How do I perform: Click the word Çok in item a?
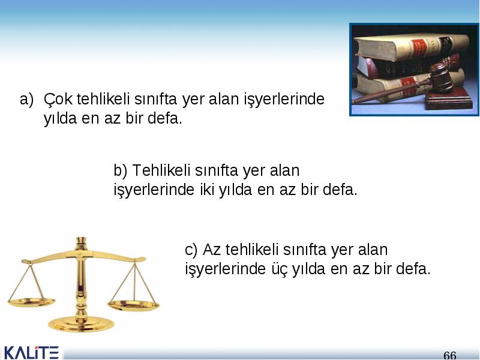[58, 100]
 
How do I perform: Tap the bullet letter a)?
[26, 100]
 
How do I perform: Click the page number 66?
[449, 355]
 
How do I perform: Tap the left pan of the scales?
[32, 302]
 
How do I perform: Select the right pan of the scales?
[133, 305]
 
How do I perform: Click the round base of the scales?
[81, 325]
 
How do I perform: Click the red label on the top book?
[418, 47]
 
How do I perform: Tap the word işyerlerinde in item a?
[284, 100]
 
